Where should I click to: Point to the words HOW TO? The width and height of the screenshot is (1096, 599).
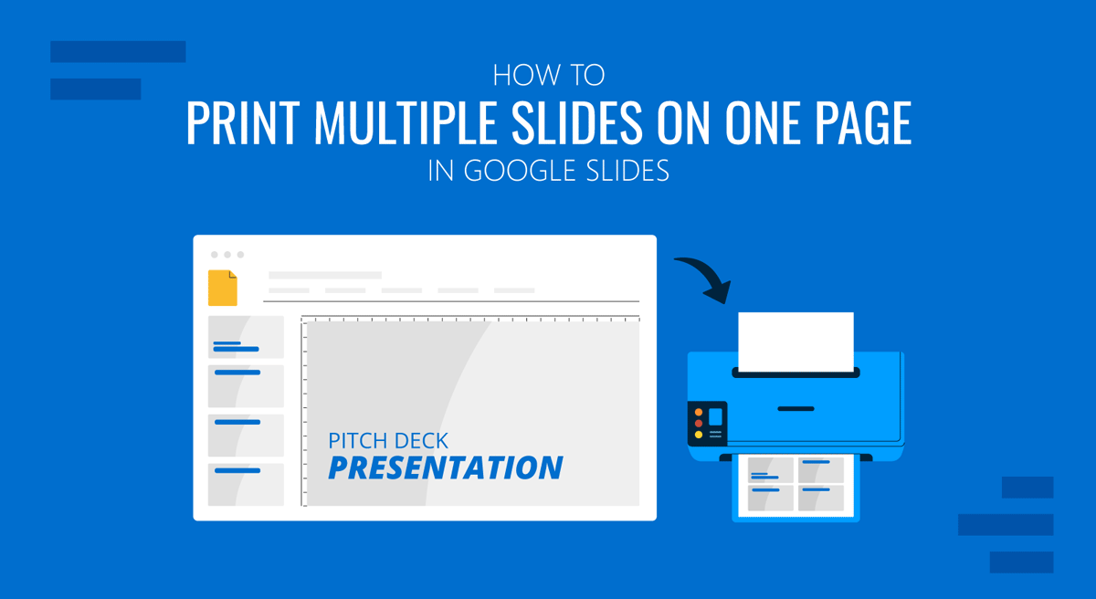pyautogui.click(x=548, y=75)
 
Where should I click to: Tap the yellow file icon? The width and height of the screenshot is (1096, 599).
pyautogui.click(x=223, y=288)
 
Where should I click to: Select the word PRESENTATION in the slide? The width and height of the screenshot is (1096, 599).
pyautogui.click(x=445, y=468)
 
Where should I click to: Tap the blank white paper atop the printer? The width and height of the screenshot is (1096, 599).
pyautogui.click(x=796, y=342)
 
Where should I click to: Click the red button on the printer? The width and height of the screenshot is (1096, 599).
pyautogui.click(x=699, y=412)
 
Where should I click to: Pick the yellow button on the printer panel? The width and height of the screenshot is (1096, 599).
pyautogui.click(x=699, y=434)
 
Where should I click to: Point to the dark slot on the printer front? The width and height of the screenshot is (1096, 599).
pyautogui.click(x=796, y=407)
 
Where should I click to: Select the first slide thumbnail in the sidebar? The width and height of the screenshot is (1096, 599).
pyautogui.click(x=246, y=337)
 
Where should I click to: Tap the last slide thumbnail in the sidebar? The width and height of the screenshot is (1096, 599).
pyautogui.click(x=246, y=484)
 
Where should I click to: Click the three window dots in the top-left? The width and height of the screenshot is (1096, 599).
pyautogui.click(x=227, y=255)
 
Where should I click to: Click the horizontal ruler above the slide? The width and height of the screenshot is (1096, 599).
pyautogui.click(x=470, y=319)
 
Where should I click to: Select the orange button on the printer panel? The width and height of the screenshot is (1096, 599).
pyautogui.click(x=699, y=423)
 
